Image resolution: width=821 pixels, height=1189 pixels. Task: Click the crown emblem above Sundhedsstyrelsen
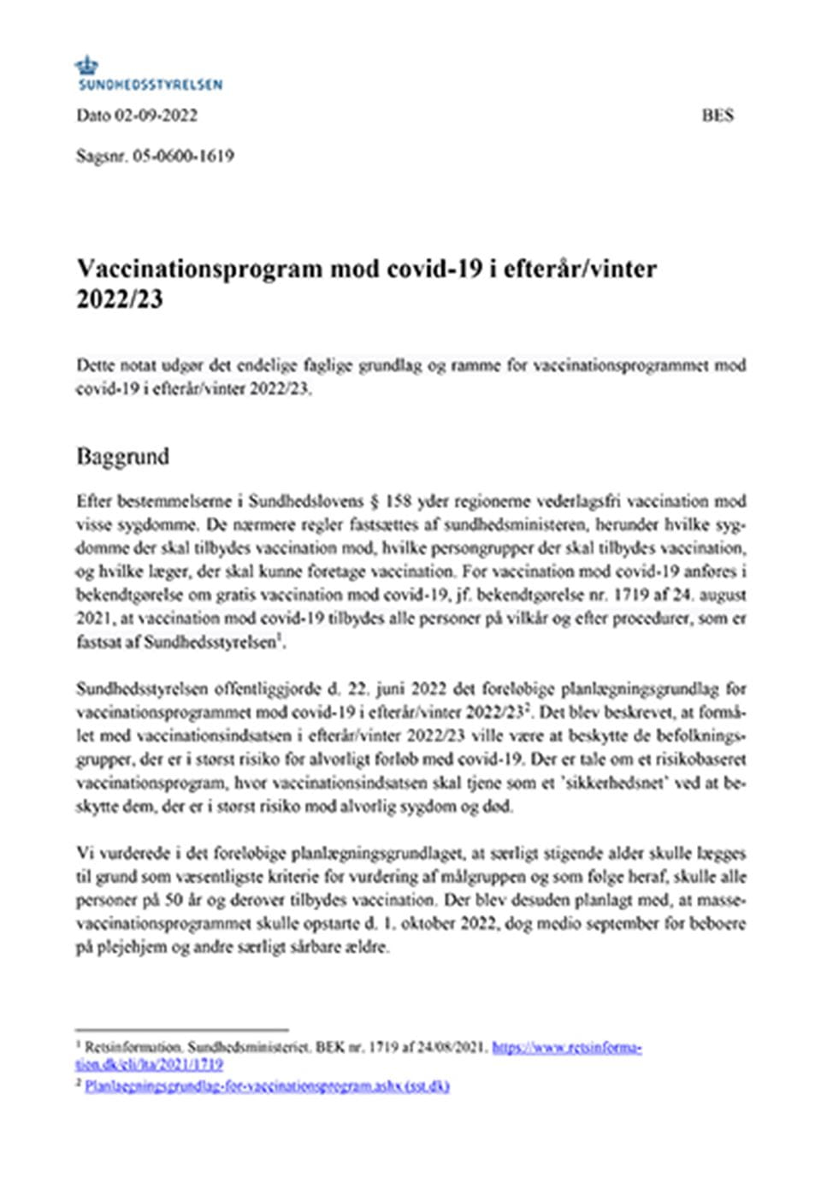point(86,65)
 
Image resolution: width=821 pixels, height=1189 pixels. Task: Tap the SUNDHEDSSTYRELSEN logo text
point(150,85)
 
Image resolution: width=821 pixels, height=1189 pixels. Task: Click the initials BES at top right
point(718,115)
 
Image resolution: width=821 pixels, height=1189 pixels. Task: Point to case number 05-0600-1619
point(184,157)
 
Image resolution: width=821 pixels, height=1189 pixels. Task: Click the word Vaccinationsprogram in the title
point(202,269)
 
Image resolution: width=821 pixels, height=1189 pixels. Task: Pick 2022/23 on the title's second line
point(119,300)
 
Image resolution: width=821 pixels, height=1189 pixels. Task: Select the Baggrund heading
point(122,456)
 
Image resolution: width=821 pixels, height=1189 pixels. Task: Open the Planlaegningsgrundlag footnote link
point(267,1086)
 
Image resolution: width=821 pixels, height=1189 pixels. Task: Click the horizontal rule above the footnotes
point(182,1031)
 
